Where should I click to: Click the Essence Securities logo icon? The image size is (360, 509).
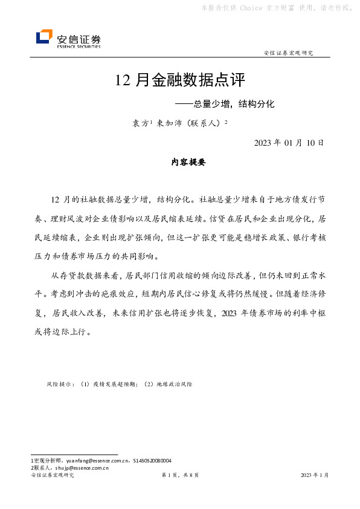[x=44, y=37]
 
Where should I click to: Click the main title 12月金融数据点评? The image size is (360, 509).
[x=181, y=80]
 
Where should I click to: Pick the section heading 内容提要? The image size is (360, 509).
[x=189, y=163]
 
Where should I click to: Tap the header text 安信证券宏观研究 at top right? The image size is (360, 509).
[x=289, y=53]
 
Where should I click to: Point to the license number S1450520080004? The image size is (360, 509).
[x=150, y=461]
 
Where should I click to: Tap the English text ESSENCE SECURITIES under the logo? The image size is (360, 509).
[x=79, y=46]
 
